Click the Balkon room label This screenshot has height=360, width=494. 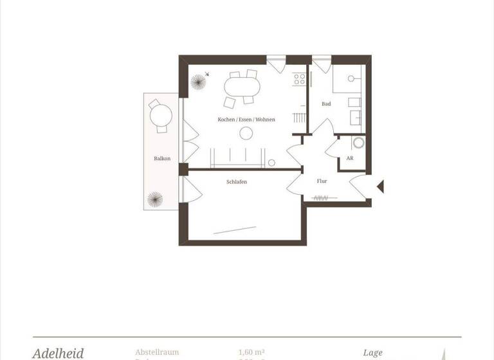(x=161, y=158)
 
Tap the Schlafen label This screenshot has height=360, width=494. (x=236, y=182)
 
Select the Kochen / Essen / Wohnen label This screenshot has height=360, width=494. (x=246, y=120)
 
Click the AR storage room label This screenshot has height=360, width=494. (x=349, y=157)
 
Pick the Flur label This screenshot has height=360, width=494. (x=322, y=181)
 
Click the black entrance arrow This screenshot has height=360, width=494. (x=380, y=186)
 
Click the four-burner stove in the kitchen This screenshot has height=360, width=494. (x=299, y=79)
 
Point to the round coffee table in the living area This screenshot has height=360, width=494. (x=246, y=134)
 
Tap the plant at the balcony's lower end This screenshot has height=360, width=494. (x=154, y=199)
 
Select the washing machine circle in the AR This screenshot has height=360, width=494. (x=358, y=143)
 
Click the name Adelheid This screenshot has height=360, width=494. (x=58, y=354)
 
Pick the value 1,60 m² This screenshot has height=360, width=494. (x=252, y=352)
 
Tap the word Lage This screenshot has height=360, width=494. (x=372, y=353)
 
